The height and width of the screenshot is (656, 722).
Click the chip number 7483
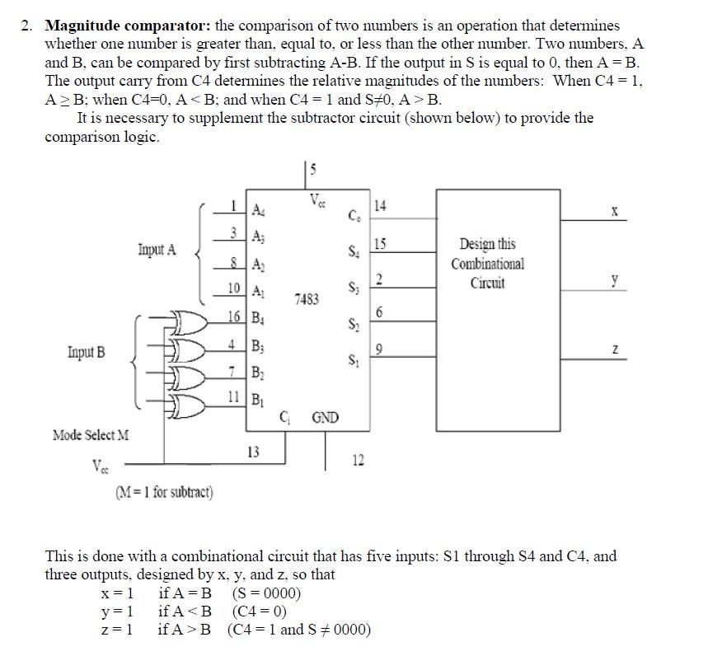(x=306, y=300)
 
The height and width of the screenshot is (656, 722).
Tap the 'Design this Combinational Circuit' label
(x=487, y=264)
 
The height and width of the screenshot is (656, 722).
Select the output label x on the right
(x=614, y=211)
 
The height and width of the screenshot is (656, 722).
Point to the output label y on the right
(x=614, y=281)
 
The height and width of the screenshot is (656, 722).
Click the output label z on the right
(x=614, y=350)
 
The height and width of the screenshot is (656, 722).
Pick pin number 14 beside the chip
(x=381, y=205)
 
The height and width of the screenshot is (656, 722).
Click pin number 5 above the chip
(x=313, y=171)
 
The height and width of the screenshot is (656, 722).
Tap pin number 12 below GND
(x=358, y=460)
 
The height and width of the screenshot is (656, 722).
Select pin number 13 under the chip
(x=254, y=451)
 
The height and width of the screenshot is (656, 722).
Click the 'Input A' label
(x=157, y=249)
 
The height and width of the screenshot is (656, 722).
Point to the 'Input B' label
(x=87, y=353)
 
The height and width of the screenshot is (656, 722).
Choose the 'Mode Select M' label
(x=91, y=434)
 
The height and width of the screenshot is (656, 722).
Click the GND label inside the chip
(x=325, y=417)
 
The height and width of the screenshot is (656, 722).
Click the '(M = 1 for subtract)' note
(x=164, y=493)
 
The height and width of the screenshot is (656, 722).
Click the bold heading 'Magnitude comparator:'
(x=128, y=26)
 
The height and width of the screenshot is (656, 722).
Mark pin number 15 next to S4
(x=380, y=243)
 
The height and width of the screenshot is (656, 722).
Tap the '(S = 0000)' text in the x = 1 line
(x=266, y=593)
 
